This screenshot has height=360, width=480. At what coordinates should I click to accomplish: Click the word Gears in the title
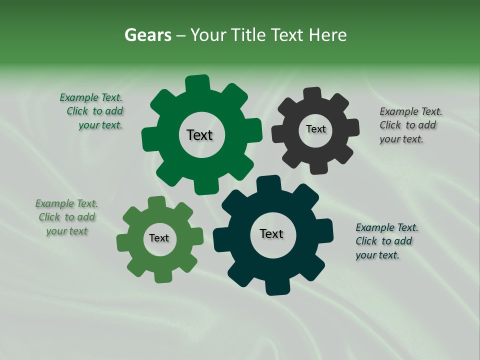coord(147,35)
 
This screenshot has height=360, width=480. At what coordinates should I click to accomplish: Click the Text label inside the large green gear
coord(199,135)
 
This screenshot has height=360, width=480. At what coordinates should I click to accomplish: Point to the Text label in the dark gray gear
coord(315,129)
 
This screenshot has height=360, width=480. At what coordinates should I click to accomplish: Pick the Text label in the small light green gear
coord(159,238)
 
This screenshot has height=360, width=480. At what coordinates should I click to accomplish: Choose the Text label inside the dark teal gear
coord(271,233)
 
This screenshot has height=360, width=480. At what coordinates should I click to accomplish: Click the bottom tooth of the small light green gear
coord(163,275)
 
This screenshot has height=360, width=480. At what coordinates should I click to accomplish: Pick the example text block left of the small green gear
coord(67,217)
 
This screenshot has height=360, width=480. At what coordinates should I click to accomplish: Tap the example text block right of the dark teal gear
coord(386,241)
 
